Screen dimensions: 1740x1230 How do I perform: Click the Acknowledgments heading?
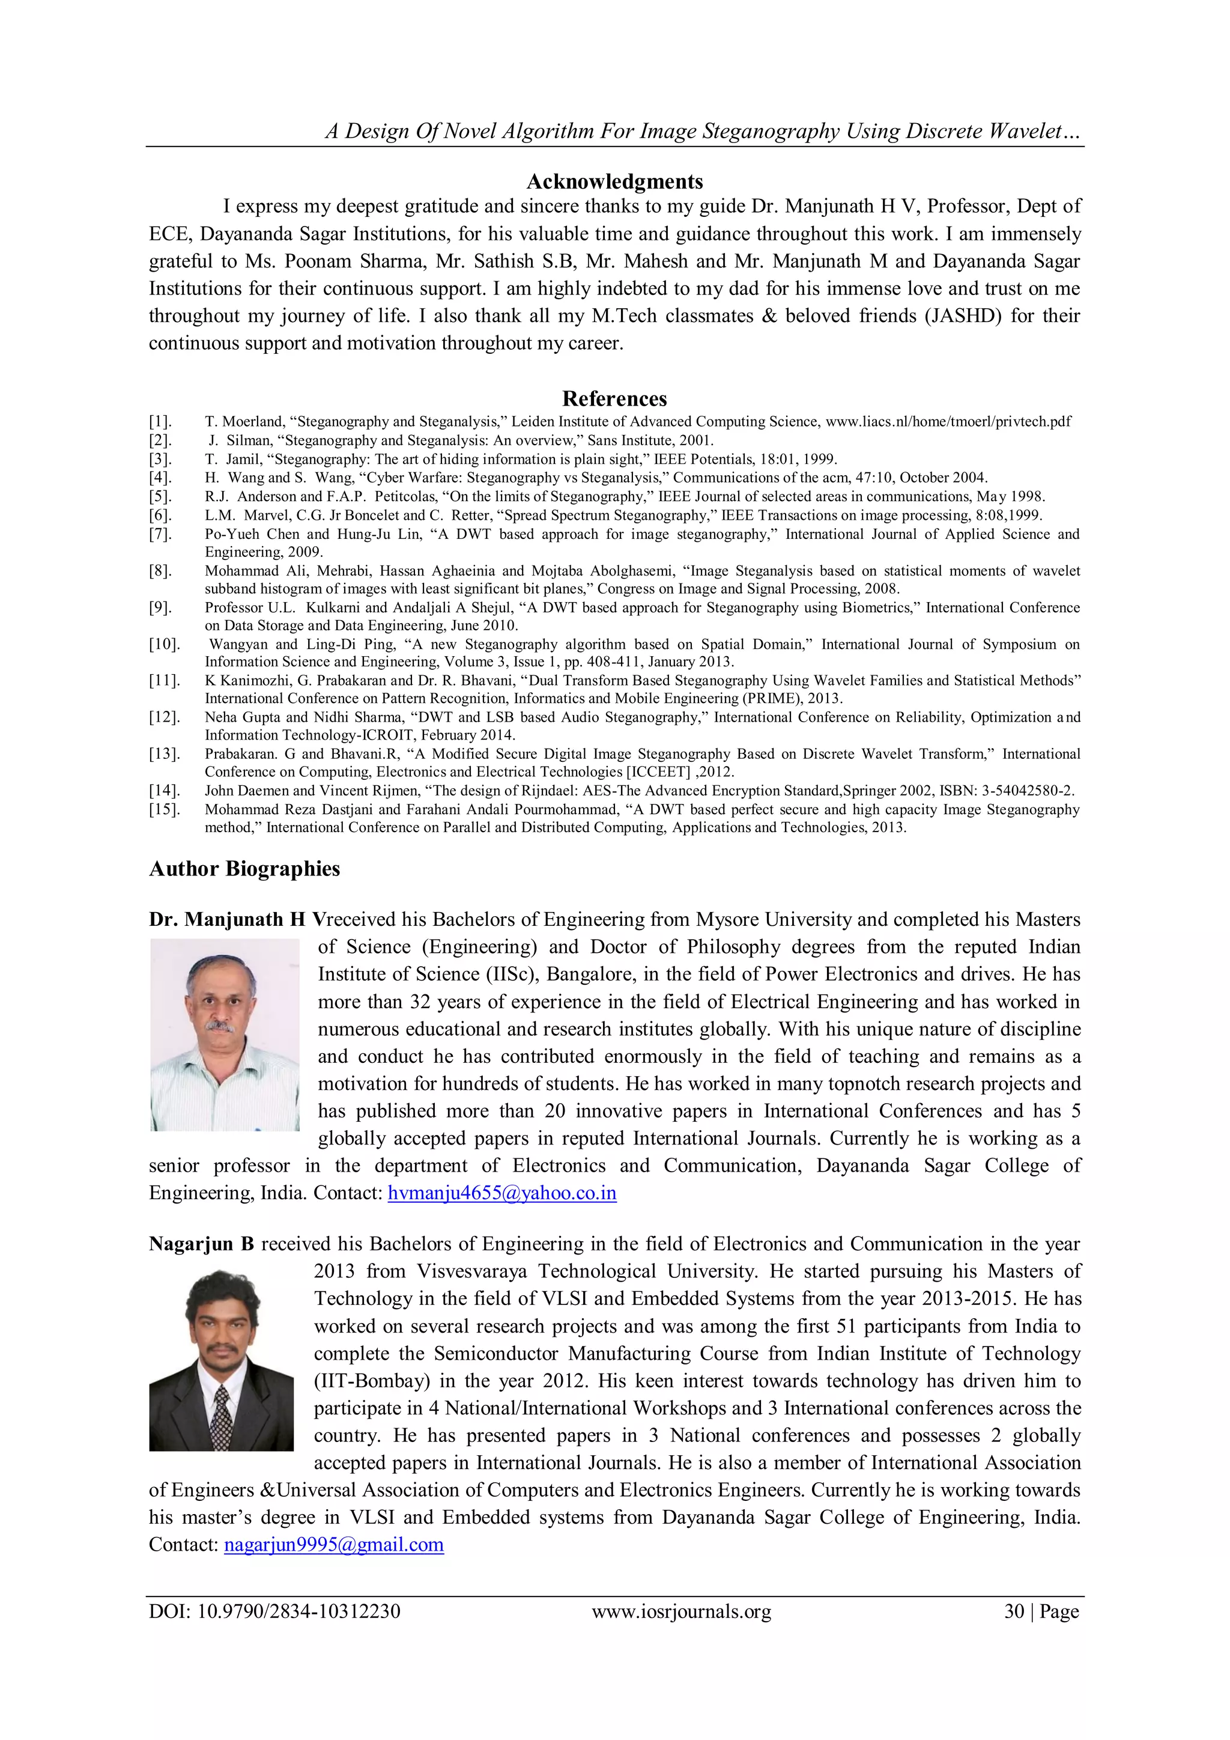[614, 182]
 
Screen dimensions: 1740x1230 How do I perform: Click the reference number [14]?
[163, 791]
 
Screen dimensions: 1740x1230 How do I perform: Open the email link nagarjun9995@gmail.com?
[333, 1545]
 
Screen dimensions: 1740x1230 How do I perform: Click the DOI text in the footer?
[274, 1611]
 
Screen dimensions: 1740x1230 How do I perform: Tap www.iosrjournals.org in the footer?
[681, 1611]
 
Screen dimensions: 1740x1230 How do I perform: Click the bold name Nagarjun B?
[201, 1244]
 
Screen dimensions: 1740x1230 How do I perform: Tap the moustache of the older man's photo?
[220, 1027]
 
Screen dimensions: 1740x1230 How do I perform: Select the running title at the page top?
[703, 132]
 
